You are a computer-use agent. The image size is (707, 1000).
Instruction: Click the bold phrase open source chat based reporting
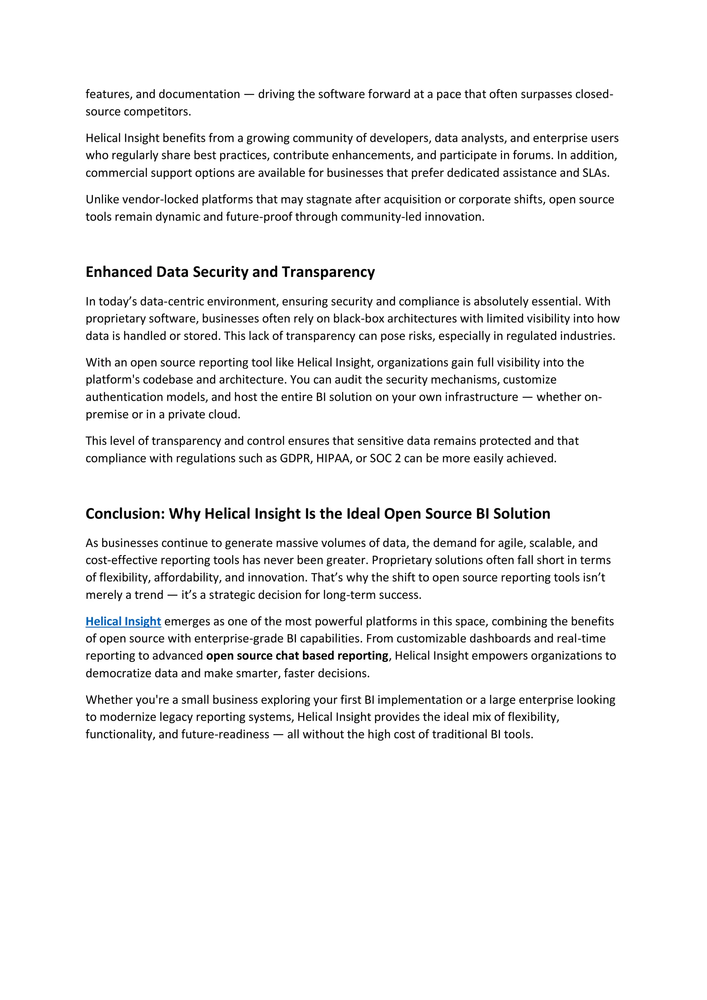pyautogui.click(x=297, y=656)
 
